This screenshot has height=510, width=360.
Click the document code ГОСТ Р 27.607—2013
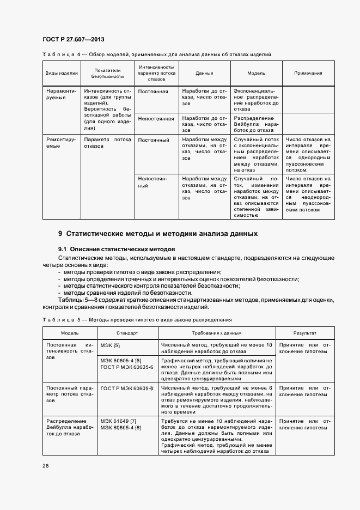[x=73, y=40]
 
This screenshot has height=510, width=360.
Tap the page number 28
[x=46, y=466]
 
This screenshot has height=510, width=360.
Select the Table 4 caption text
[x=156, y=54]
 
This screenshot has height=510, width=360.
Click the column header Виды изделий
[x=62, y=73]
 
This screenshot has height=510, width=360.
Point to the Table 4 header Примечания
[x=308, y=73]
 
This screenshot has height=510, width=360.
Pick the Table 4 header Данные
[x=204, y=73]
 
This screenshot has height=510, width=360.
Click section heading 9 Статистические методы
[x=157, y=234]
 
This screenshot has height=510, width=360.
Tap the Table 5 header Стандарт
[x=127, y=333]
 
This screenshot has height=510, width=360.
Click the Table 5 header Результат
[x=304, y=333]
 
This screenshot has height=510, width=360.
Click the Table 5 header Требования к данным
[x=216, y=333]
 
